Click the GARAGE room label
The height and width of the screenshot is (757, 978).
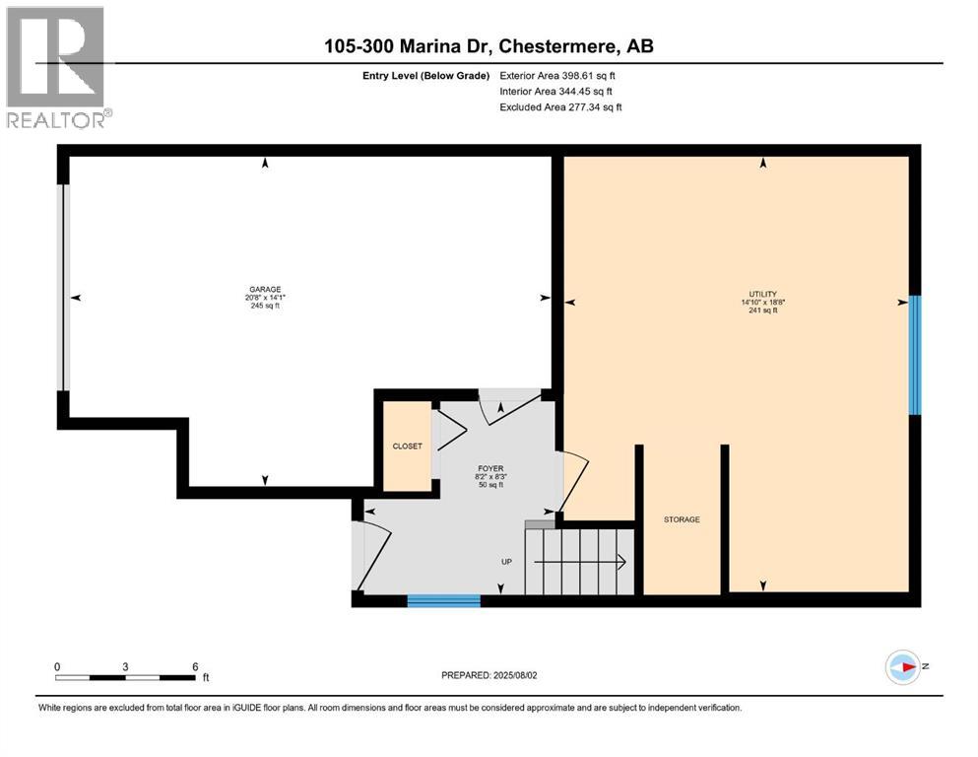[265, 289]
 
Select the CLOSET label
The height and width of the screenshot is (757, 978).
[408, 447]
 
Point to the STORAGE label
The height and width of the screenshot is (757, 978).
[682, 519]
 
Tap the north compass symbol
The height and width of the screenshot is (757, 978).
[902, 667]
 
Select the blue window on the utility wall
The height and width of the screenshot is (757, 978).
[914, 355]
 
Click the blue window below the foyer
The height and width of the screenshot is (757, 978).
[444, 599]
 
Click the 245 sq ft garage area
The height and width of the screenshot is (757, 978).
[265, 307]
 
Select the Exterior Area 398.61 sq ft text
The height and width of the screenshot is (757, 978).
[560, 75]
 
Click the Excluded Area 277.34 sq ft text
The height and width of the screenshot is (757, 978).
[560, 107]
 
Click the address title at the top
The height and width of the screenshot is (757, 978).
[489, 46]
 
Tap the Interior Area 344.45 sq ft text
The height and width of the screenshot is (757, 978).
[559, 91]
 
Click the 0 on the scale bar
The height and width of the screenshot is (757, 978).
[57, 666]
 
